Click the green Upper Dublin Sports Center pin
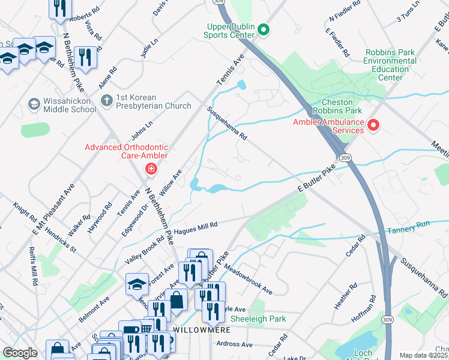click(x=264, y=29)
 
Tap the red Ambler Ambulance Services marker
click(x=373, y=125)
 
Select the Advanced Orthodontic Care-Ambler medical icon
click(x=150, y=169)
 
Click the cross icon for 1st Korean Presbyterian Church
click(x=106, y=101)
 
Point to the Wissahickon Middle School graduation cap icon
click(x=34, y=105)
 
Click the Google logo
click(x=20, y=353)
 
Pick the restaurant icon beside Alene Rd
click(x=86, y=58)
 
